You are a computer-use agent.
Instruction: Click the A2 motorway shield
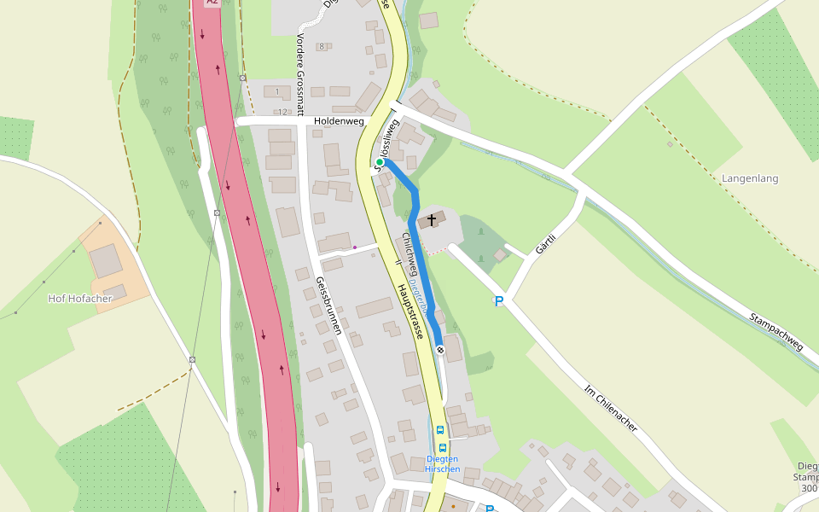pyautogui.click(x=212, y=3)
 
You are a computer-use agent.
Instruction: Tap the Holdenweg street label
pyautogui.click(x=339, y=122)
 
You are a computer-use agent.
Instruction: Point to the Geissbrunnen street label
pyautogui.click(x=328, y=305)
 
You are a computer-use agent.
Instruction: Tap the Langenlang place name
pyautogui.click(x=750, y=178)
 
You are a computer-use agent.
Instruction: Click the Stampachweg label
pyautogui.click(x=776, y=333)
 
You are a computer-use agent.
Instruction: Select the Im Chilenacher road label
pyautogui.click(x=611, y=408)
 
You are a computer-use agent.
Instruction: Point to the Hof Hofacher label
pyautogui.click(x=80, y=299)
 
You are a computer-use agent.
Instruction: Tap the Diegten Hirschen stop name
pyautogui.click(x=443, y=464)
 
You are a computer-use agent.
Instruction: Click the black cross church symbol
pyautogui.click(x=432, y=220)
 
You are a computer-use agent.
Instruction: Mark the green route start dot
pyautogui.click(x=380, y=162)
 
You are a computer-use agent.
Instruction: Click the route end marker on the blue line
pyautogui.click(x=440, y=350)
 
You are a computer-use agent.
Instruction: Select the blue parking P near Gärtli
pyautogui.click(x=499, y=301)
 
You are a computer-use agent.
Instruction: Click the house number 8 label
pyautogui.click(x=322, y=46)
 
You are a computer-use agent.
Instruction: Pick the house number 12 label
pyautogui.click(x=282, y=112)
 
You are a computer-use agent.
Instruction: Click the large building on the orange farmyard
pyautogui.click(x=107, y=261)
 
